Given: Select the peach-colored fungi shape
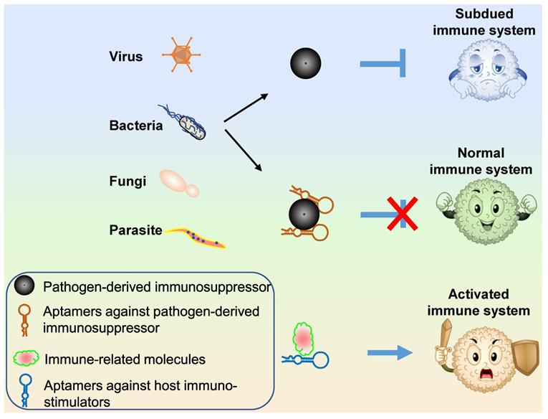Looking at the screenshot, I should [x=178, y=182].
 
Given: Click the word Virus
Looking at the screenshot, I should [x=126, y=57].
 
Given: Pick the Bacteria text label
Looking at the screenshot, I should [x=135, y=126].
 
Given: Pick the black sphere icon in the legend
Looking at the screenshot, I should [x=27, y=288].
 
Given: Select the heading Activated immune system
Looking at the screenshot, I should [x=489, y=303].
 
